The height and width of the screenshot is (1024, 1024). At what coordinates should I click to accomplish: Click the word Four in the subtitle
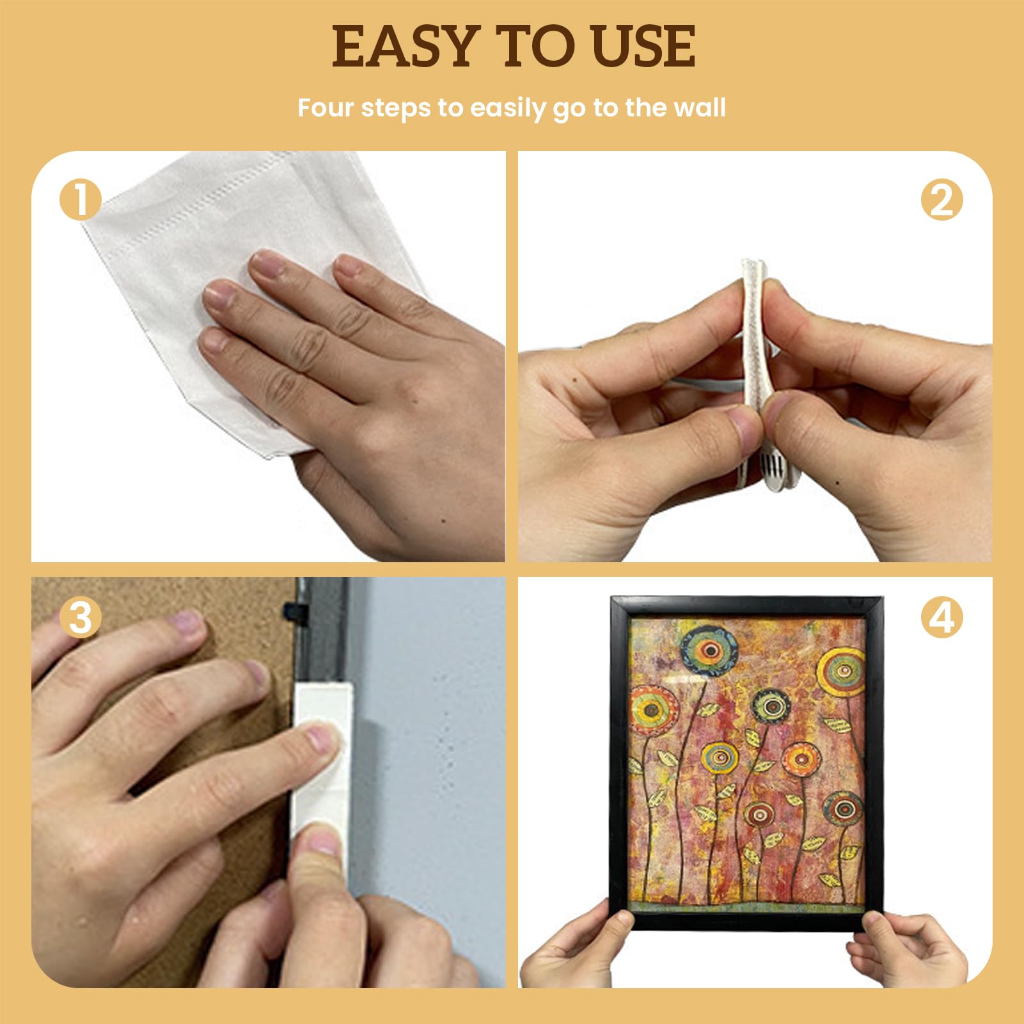point(326,107)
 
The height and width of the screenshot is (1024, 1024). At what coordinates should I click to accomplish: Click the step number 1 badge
point(81,200)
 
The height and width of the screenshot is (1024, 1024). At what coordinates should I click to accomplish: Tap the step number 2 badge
point(941,200)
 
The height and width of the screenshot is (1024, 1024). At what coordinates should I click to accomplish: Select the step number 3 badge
point(81,617)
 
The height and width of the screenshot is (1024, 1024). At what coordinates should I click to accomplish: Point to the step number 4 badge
point(941,617)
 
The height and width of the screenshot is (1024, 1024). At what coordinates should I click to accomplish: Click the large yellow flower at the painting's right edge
point(840,672)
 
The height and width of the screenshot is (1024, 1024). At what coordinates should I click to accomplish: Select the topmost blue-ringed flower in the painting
point(709,650)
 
